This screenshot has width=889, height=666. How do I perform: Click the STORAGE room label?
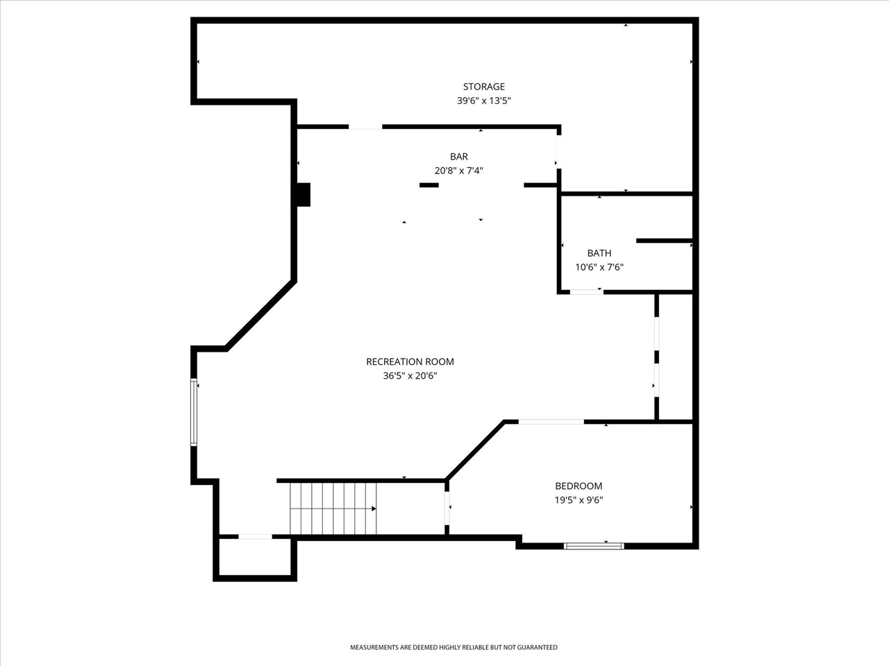483,87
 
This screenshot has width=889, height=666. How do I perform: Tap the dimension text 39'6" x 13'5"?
483,101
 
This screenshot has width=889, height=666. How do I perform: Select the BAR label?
459,157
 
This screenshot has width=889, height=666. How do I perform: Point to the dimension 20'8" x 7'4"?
459,171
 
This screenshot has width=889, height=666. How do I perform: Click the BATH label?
599,253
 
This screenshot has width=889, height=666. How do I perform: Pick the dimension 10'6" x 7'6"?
599,267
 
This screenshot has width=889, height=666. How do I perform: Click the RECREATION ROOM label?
410,361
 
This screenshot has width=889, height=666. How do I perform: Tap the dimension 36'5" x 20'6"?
410,375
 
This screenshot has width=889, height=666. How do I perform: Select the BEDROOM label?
579,486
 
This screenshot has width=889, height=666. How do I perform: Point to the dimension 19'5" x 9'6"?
579,500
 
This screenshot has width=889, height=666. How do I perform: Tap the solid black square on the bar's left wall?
304,195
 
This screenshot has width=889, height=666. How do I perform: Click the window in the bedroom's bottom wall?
594,546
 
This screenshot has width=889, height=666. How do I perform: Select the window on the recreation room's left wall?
194,413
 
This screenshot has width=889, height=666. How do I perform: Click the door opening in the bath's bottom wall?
586,292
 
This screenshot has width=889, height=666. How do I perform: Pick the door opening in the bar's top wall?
365,127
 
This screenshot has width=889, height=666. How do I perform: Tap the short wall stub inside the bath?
664,241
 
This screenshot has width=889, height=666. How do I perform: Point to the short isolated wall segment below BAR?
429,185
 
